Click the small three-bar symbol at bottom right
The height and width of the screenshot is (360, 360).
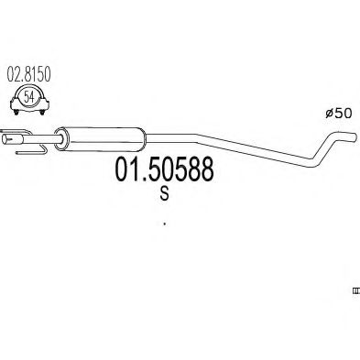click(355, 290)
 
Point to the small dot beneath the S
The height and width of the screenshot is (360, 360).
click(164, 221)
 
